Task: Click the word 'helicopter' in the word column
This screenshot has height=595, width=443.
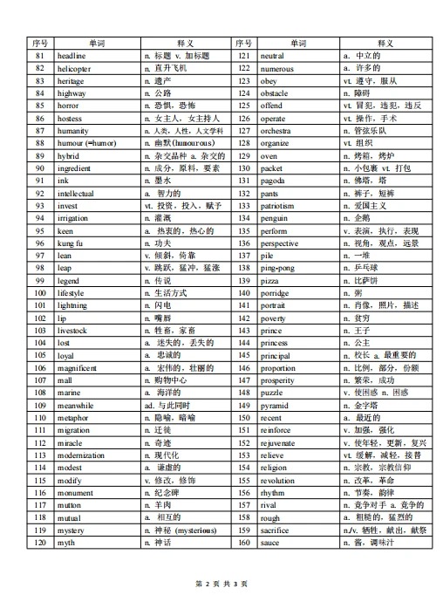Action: tap(74, 68)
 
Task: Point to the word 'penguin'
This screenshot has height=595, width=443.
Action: tap(274, 218)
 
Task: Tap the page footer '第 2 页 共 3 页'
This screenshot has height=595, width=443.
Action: tap(221, 581)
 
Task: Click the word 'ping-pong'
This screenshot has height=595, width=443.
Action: tap(278, 269)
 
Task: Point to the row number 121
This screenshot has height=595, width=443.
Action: tap(244, 56)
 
